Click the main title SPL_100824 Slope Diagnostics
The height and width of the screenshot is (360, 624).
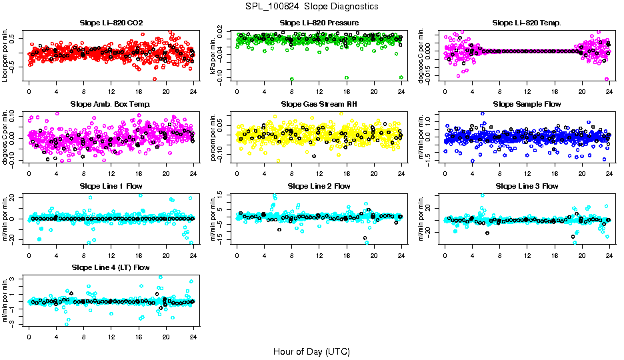[311, 6]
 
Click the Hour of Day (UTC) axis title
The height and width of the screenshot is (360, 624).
[311, 351]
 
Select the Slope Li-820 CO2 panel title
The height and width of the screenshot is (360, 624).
[111, 23]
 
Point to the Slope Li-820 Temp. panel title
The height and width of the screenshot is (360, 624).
[527, 23]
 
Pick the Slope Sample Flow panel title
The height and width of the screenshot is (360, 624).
[527, 104]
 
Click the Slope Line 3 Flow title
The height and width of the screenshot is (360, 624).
[527, 186]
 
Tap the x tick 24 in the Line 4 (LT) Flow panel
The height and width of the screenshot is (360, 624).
[193, 336]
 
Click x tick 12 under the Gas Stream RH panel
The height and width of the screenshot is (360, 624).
[319, 173]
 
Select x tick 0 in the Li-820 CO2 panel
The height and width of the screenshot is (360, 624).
[29, 91]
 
